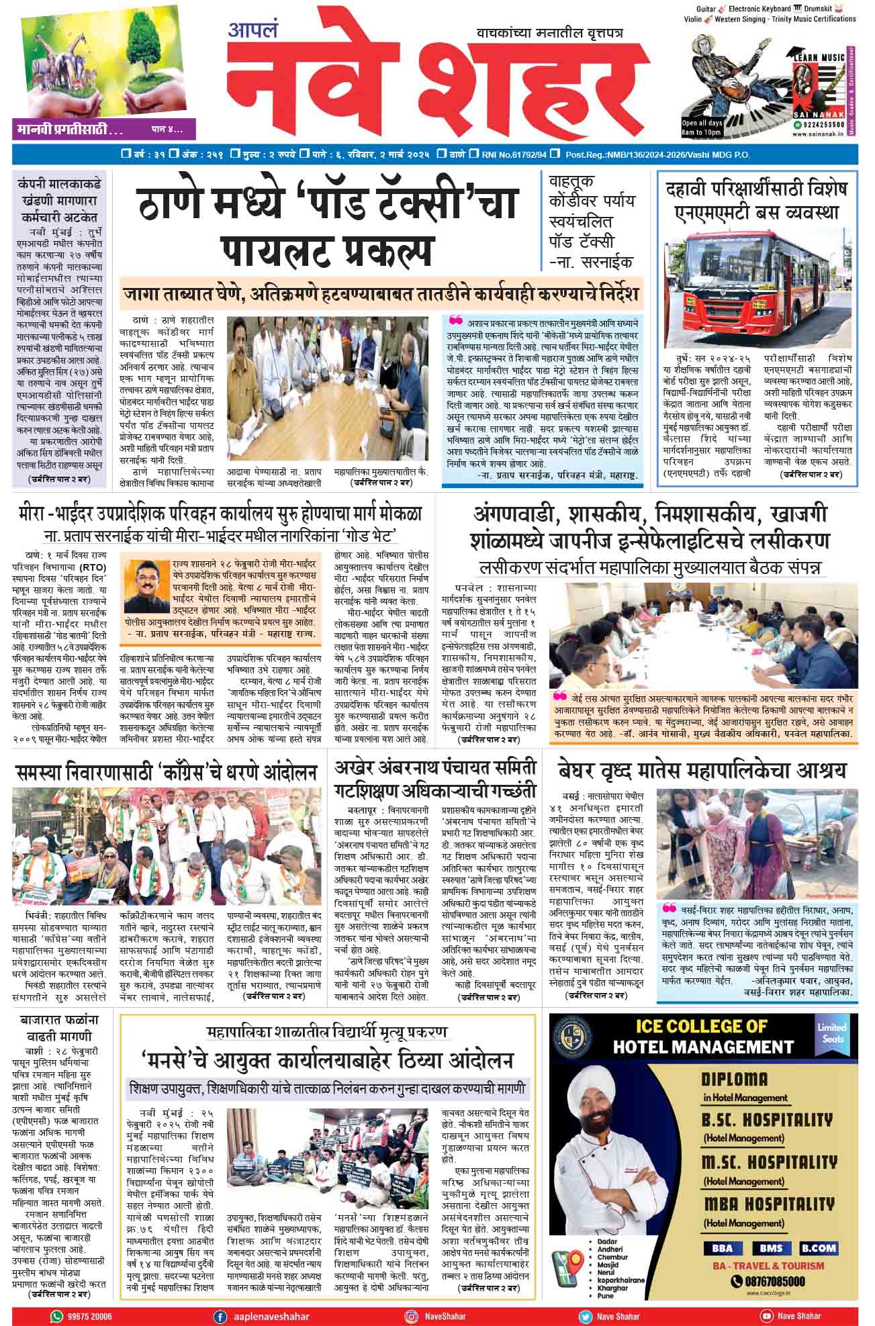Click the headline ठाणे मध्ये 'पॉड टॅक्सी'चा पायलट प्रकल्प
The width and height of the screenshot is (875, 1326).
click(x=327, y=226)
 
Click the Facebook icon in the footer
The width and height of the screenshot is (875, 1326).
click(x=219, y=1316)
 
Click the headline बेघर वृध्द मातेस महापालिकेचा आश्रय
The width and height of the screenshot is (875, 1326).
click(x=702, y=769)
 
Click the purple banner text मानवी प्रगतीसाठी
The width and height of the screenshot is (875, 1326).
click(x=67, y=128)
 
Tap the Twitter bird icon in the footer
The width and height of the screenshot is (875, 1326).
click(x=585, y=1316)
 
